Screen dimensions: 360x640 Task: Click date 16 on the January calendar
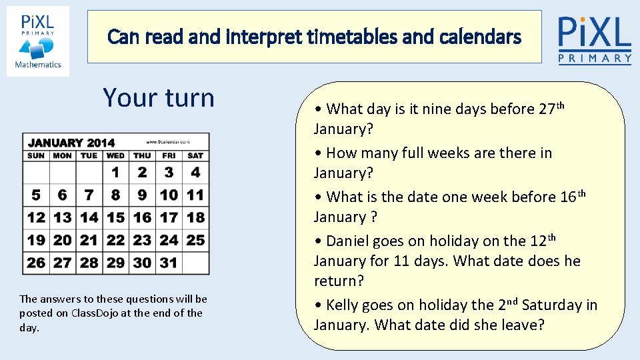tap(142, 217)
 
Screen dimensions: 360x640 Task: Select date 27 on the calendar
tap(62, 263)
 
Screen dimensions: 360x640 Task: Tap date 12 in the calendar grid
tap(36, 217)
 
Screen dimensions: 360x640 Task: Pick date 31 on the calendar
tap(169, 263)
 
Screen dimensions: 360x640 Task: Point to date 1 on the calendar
tap(115, 173)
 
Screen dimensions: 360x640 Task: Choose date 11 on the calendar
tap(195, 195)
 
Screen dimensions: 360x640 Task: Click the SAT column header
tap(195, 155)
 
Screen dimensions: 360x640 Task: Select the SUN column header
tap(36, 155)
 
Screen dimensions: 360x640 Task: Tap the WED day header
tap(115, 155)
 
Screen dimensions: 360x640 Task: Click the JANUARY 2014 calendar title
tap(71, 142)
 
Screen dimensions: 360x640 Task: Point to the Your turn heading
tap(159, 98)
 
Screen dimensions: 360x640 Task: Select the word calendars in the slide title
tap(481, 37)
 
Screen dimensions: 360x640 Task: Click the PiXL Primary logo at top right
tap(595, 40)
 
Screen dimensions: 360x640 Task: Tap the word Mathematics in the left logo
tap(38, 65)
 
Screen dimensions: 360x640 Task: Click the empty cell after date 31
tap(195, 263)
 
